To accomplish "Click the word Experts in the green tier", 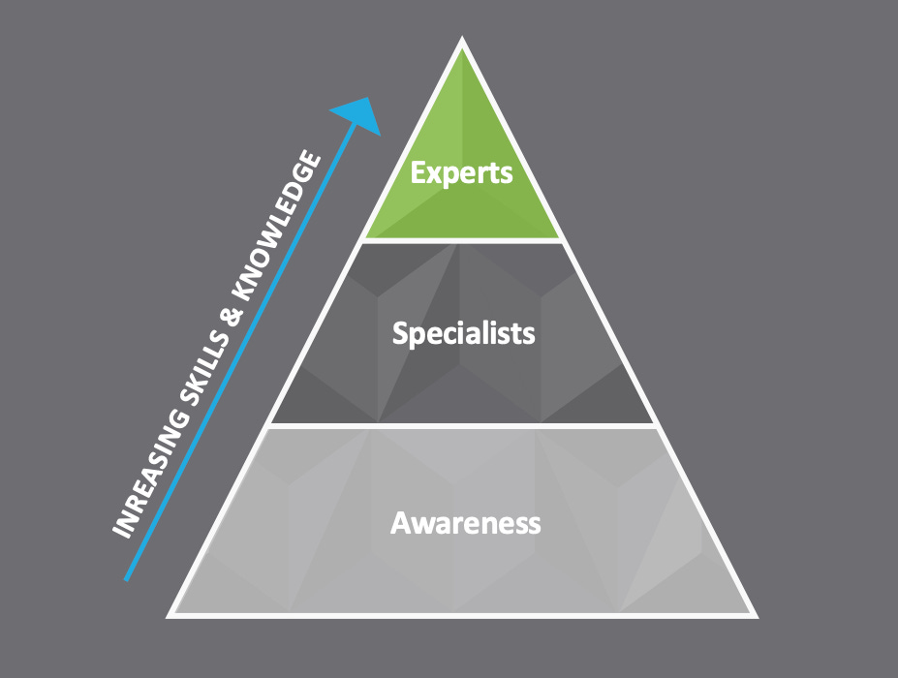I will [461, 172].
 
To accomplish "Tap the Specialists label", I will [463, 334].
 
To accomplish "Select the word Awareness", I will [465, 523].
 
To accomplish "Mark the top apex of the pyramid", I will [462, 41].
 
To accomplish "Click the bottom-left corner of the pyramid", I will [170, 614].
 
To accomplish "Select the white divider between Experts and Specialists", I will [462, 240].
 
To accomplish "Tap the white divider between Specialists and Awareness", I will [462, 425].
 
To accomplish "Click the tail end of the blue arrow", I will [127, 579].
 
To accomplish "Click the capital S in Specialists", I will [399, 334].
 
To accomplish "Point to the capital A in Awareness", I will [399, 523].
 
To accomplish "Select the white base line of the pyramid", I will [462, 614].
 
